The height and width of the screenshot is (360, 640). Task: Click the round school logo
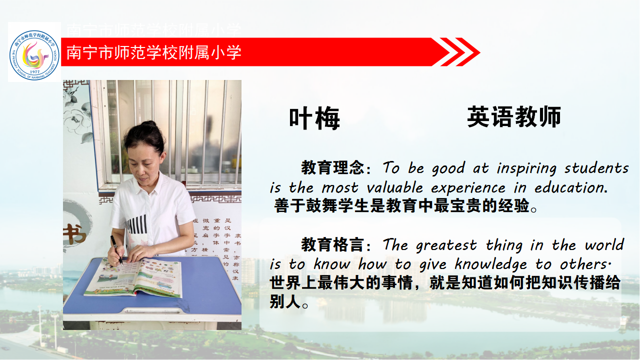click(34, 55)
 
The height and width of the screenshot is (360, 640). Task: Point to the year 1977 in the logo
click(34, 71)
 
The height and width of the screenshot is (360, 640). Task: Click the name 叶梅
click(314, 118)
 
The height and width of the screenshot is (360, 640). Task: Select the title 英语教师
click(514, 116)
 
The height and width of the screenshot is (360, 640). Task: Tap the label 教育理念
click(332, 167)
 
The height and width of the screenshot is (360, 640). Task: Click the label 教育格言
click(332, 244)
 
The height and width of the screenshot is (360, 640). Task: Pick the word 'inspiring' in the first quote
click(526, 168)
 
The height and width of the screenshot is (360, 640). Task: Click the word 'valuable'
click(394, 187)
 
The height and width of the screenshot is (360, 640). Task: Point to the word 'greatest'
click(446, 246)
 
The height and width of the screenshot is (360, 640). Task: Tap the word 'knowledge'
click(490, 264)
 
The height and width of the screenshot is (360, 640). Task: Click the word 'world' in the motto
click(604, 245)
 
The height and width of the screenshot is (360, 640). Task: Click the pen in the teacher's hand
click(117, 250)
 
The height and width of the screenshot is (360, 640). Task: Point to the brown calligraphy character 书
click(74, 233)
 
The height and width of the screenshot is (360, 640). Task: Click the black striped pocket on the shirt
click(137, 224)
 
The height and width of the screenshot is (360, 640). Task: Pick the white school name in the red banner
click(153, 52)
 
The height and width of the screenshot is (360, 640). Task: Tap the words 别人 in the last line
click(284, 301)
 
